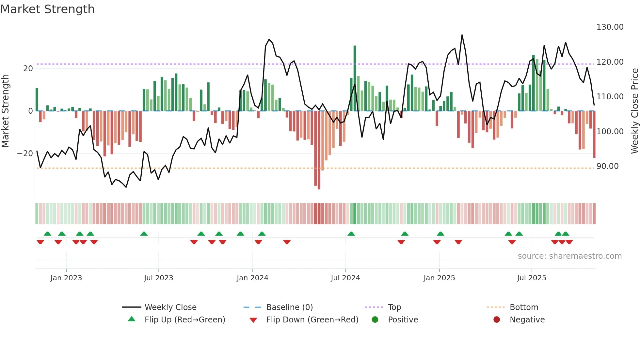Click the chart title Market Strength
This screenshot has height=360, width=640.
(x=47, y=9)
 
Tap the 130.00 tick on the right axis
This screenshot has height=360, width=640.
(x=610, y=27)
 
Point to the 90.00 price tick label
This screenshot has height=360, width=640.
(x=607, y=166)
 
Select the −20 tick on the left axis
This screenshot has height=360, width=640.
(x=25, y=154)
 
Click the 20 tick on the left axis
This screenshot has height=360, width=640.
(x=28, y=69)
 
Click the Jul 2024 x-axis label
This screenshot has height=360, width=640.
(x=345, y=278)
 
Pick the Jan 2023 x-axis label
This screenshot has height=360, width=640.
(x=66, y=278)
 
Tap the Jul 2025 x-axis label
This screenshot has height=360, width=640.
(x=531, y=278)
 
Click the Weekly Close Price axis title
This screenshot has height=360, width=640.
(x=634, y=111)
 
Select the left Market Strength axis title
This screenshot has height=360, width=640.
(x=5, y=111)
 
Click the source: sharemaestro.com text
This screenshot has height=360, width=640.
(x=569, y=256)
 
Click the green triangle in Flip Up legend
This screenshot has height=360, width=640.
(x=132, y=319)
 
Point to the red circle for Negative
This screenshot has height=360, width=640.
(x=497, y=320)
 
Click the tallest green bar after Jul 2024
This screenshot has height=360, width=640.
(x=355, y=78)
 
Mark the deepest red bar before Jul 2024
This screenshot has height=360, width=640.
(x=319, y=150)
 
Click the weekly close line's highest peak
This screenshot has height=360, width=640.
(x=462, y=35)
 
